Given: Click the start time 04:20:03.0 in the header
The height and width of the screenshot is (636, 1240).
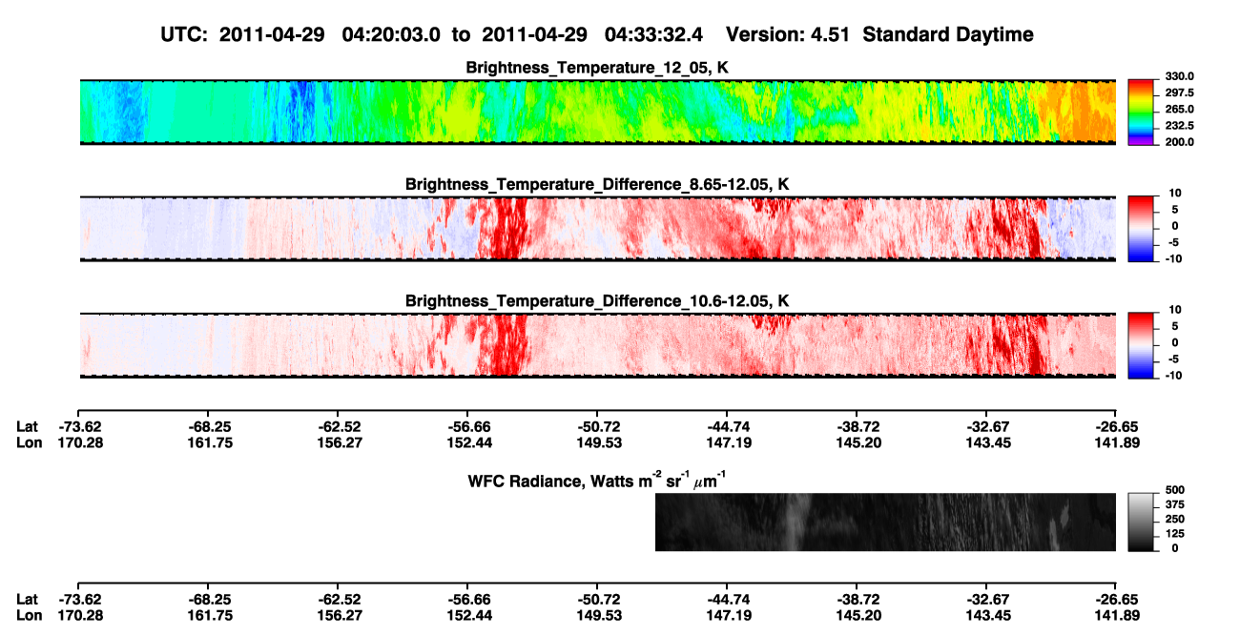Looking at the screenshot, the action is [391, 34].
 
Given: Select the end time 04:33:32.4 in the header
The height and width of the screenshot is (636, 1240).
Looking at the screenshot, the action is [653, 34].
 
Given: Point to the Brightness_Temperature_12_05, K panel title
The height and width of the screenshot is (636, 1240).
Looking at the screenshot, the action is [597, 68].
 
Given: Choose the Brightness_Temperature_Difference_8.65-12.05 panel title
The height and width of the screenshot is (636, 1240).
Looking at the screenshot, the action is [597, 184].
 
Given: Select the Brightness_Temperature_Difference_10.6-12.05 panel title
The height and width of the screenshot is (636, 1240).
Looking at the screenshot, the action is [597, 301].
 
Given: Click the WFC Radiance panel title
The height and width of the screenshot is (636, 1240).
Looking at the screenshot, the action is [597, 481].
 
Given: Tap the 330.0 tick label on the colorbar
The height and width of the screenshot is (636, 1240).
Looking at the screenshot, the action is [1179, 76].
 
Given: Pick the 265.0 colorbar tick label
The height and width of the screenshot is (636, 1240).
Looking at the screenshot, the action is [1179, 109].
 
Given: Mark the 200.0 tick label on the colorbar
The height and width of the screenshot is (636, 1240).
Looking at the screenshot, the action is [1179, 142].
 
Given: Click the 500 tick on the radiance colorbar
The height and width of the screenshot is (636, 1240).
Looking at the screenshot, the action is [1175, 490].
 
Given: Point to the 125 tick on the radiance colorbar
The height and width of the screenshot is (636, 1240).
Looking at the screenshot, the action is [1175, 534].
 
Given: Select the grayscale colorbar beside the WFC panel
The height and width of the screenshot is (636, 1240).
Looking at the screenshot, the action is [1141, 522].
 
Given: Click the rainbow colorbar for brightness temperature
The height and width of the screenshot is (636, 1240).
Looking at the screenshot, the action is [1141, 113].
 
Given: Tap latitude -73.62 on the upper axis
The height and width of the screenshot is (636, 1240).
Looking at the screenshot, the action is [80, 427].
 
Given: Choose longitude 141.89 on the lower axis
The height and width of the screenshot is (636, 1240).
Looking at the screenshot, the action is [1117, 616].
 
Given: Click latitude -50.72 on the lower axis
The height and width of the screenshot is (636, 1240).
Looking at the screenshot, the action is [599, 600].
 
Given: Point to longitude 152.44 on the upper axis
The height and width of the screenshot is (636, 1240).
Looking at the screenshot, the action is [469, 443].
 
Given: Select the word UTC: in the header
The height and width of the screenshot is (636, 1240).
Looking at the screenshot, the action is [184, 34].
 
